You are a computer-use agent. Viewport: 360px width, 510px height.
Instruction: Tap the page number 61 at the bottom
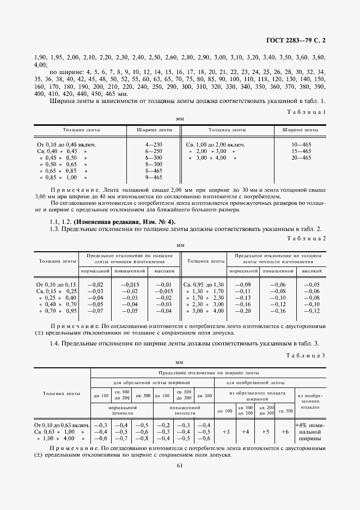click(x=180, y=465)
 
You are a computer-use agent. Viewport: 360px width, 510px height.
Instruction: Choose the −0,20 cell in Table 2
click(x=243, y=311)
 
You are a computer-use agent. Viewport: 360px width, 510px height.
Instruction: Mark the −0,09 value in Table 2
click(x=243, y=284)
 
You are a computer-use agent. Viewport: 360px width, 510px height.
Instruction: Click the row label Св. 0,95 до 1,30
click(x=203, y=284)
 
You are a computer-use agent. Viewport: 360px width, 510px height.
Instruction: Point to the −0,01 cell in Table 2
click(x=164, y=284)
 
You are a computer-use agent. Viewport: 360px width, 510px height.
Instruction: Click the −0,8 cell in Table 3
click(x=142, y=438)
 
